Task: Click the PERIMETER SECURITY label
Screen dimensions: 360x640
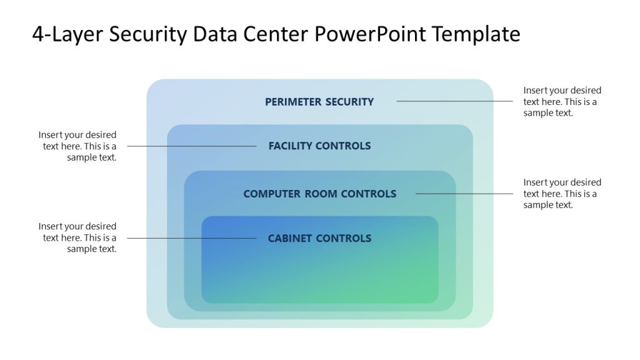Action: coord(319,101)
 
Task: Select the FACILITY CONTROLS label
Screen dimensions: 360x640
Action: coord(319,146)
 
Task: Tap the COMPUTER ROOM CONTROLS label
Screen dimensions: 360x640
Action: coord(319,194)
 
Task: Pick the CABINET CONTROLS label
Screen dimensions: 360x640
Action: coord(319,238)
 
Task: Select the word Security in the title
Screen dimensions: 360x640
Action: coord(147,34)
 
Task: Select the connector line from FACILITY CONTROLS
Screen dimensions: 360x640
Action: coord(191,146)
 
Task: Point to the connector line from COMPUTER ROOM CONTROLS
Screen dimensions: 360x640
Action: coord(464,194)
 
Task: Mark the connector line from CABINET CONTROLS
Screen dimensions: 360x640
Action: coord(191,238)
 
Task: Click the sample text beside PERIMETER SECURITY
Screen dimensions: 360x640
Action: coord(562,102)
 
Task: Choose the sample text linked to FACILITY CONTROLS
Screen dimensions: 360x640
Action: coord(78,146)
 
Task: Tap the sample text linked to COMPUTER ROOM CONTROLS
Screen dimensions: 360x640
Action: coord(562,194)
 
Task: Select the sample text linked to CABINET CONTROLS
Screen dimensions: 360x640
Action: coord(78,237)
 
